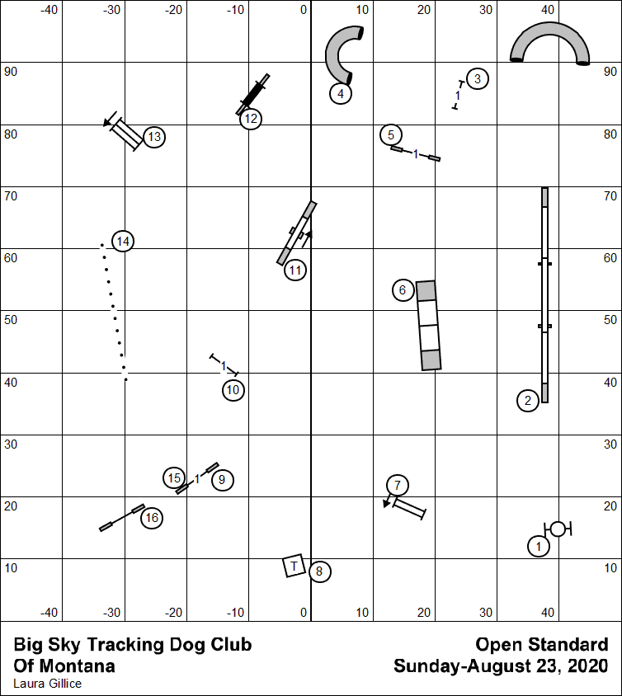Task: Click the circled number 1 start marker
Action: coord(539,545)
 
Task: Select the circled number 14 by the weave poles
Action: coord(123,242)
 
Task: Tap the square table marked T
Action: coord(294,566)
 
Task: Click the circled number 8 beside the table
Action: coord(320,571)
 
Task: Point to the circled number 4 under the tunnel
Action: coord(340,93)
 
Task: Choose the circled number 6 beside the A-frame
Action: coord(402,290)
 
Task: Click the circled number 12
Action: coord(251,119)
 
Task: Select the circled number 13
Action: coord(154,137)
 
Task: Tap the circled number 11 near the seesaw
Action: coord(295,270)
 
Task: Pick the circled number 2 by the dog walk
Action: coord(528,401)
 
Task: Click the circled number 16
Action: coord(151,518)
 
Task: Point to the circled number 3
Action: coord(478,79)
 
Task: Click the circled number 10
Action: coord(233,390)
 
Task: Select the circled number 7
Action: coord(397,485)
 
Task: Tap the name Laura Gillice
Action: coord(48,684)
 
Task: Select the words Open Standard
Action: coord(542,645)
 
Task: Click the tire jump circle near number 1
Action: coord(558,529)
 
